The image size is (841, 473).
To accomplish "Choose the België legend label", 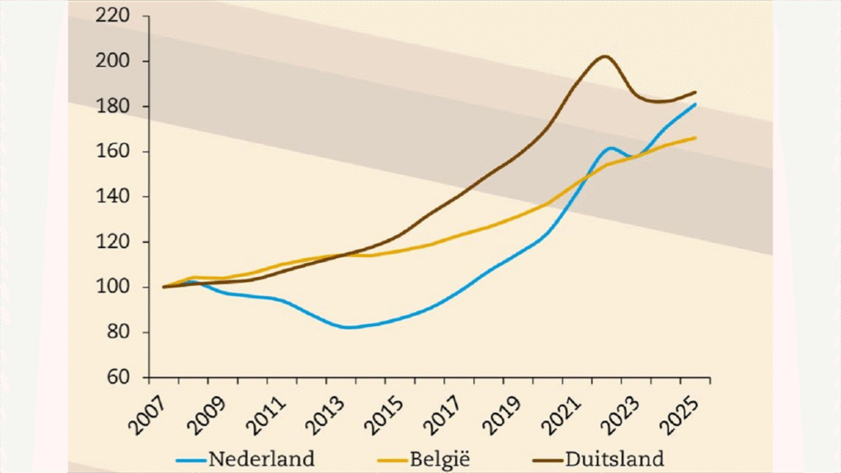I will (x=451, y=457).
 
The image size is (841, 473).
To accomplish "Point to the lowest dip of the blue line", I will (x=349, y=328).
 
